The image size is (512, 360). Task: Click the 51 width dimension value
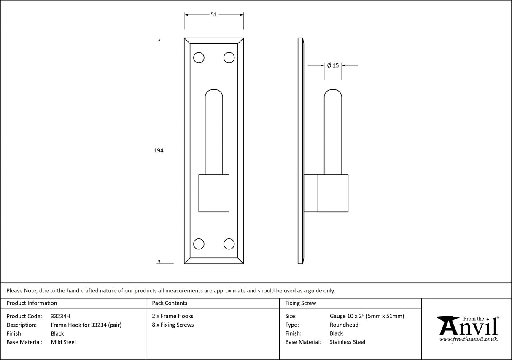pyautogui.click(x=213, y=14)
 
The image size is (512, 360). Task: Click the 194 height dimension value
pyautogui.click(x=159, y=150)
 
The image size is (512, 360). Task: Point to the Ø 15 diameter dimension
pyautogui.click(x=333, y=65)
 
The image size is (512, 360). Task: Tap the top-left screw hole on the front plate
pyautogui.click(x=198, y=57)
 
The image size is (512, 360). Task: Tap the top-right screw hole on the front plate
pyautogui.click(x=229, y=57)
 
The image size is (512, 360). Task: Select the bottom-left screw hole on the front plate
pyautogui.click(x=198, y=244)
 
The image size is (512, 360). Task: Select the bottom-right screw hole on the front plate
pyautogui.click(x=229, y=244)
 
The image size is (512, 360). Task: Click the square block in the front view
pyautogui.click(x=214, y=193)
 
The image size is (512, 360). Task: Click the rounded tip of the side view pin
pyautogui.click(x=333, y=94)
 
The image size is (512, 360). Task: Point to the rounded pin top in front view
pyautogui.click(x=214, y=94)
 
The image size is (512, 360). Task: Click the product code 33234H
pyautogui.click(x=60, y=316)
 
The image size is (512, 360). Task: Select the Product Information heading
pyautogui.click(x=32, y=303)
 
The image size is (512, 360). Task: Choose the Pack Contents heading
pyautogui.click(x=170, y=303)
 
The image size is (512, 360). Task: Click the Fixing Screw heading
pyautogui.click(x=300, y=303)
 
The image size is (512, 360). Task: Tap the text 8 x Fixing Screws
pyautogui.click(x=172, y=325)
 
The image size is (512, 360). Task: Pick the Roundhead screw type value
pyautogui.click(x=344, y=325)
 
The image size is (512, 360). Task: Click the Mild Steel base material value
pyautogui.click(x=63, y=342)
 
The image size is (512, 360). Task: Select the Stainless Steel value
pyautogui.click(x=347, y=342)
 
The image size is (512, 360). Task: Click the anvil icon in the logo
pyautogui.click(x=448, y=325)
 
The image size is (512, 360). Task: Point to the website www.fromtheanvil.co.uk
pyautogui.click(x=468, y=339)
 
